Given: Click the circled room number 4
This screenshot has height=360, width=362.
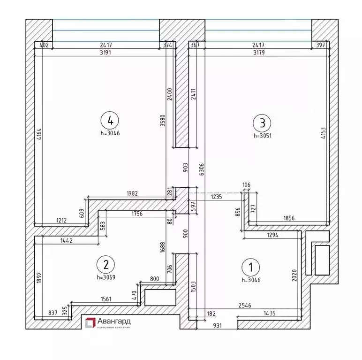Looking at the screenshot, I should click(x=110, y=121).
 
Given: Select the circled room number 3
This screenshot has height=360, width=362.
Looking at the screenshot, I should click(x=262, y=123).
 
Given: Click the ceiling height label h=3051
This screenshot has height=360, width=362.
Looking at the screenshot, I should click(x=263, y=136).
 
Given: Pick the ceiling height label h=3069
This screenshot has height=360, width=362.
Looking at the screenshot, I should click(x=106, y=277).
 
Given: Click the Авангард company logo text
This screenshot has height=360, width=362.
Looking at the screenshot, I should click(x=114, y=322).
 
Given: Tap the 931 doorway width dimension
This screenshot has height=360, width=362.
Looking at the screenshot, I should click(x=217, y=325).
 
